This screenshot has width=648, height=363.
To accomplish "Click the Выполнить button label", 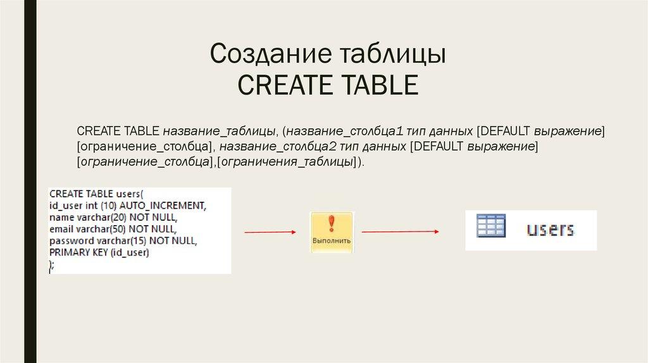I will (x=332, y=242).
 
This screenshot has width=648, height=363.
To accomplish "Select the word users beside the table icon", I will (x=550, y=228).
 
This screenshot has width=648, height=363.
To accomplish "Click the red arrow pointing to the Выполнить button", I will (x=270, y=232).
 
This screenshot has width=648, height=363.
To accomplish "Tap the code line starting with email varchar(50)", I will (x=112, y=229).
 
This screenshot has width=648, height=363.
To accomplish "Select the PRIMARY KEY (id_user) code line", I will (x=98, y=252).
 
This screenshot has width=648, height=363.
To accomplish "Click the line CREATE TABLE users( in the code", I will (x=96, y=194).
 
